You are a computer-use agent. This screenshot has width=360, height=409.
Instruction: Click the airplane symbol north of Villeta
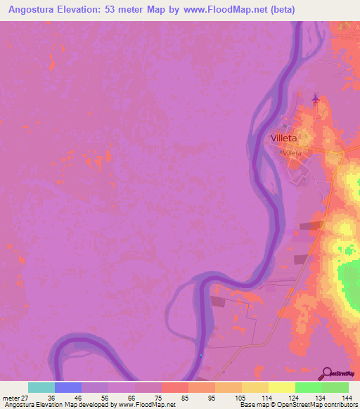[314, 99]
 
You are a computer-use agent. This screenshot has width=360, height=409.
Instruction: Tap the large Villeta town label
[287, 138]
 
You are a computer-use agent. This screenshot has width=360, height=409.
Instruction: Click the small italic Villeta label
[291, 152]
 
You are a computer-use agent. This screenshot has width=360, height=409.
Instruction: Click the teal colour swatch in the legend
[41, 387]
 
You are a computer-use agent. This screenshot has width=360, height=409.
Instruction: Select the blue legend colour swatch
[68, 387]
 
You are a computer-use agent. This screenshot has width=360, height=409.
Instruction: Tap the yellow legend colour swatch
[281, 387]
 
